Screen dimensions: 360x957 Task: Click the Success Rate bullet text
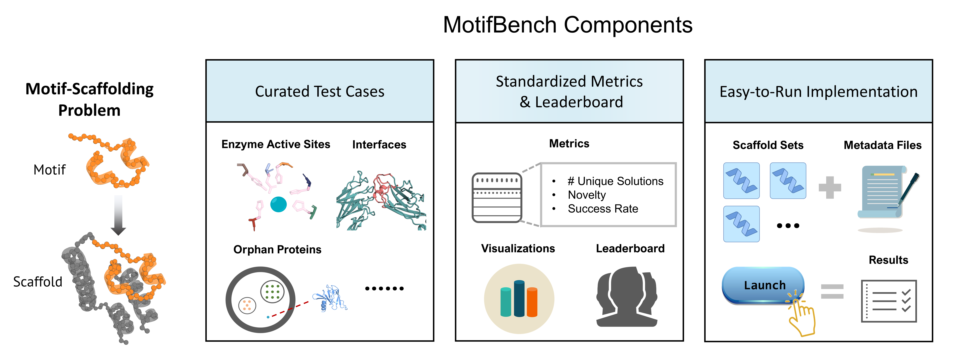603,209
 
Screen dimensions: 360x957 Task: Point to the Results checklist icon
889,301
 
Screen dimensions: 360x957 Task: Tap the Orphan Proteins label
277,249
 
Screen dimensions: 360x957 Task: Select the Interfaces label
379,145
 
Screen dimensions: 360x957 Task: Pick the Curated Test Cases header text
320,91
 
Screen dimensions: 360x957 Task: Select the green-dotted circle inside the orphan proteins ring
272,292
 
